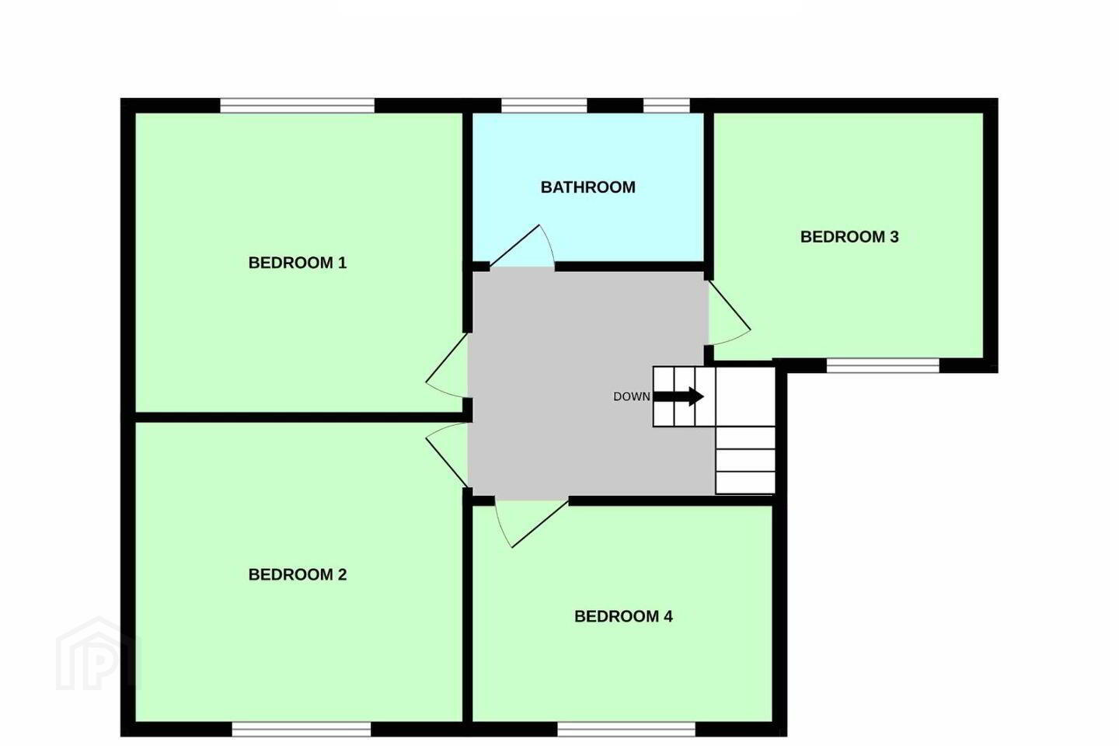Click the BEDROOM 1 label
pyautogui.click(x=297, y=263)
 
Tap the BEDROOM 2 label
pyautogui.click(x=297, y=574)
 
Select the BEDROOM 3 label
pyautogui.click(x=849, y=237)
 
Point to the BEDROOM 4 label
pyautogui.click(x=623, y=616)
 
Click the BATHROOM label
pyautogui.click(x=588, y=187)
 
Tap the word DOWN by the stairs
pyautogui.click(x=632, y=397)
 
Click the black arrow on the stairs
pyautogui.click(x=679, y=397)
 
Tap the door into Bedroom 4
pyautogui.click(x=531, y=524)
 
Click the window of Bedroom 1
pyautogui.click(x=297, y=106)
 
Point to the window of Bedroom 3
pyautogui.click(x=884, y=365)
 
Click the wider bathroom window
pyautogui.click(x=544, y=106)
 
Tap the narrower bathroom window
pyautogui.click(x=667, y=106)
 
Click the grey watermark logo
pyautogui.click(x=99, y=654)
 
